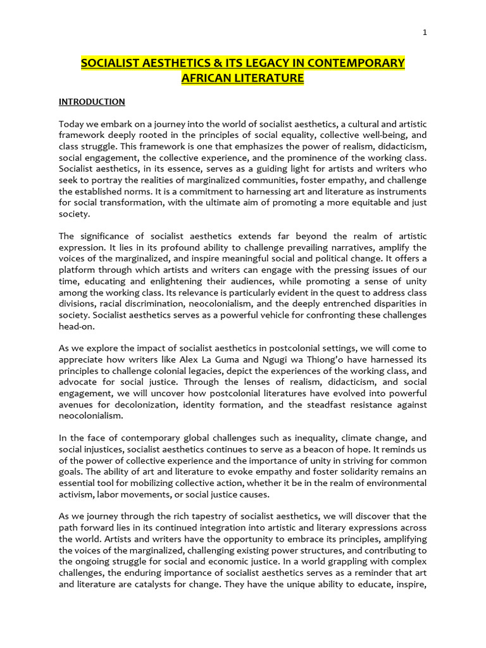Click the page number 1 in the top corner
[x=425, y=33]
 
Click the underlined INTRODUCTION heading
[x=92, y=102]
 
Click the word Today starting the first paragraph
[x=72, y=124]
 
